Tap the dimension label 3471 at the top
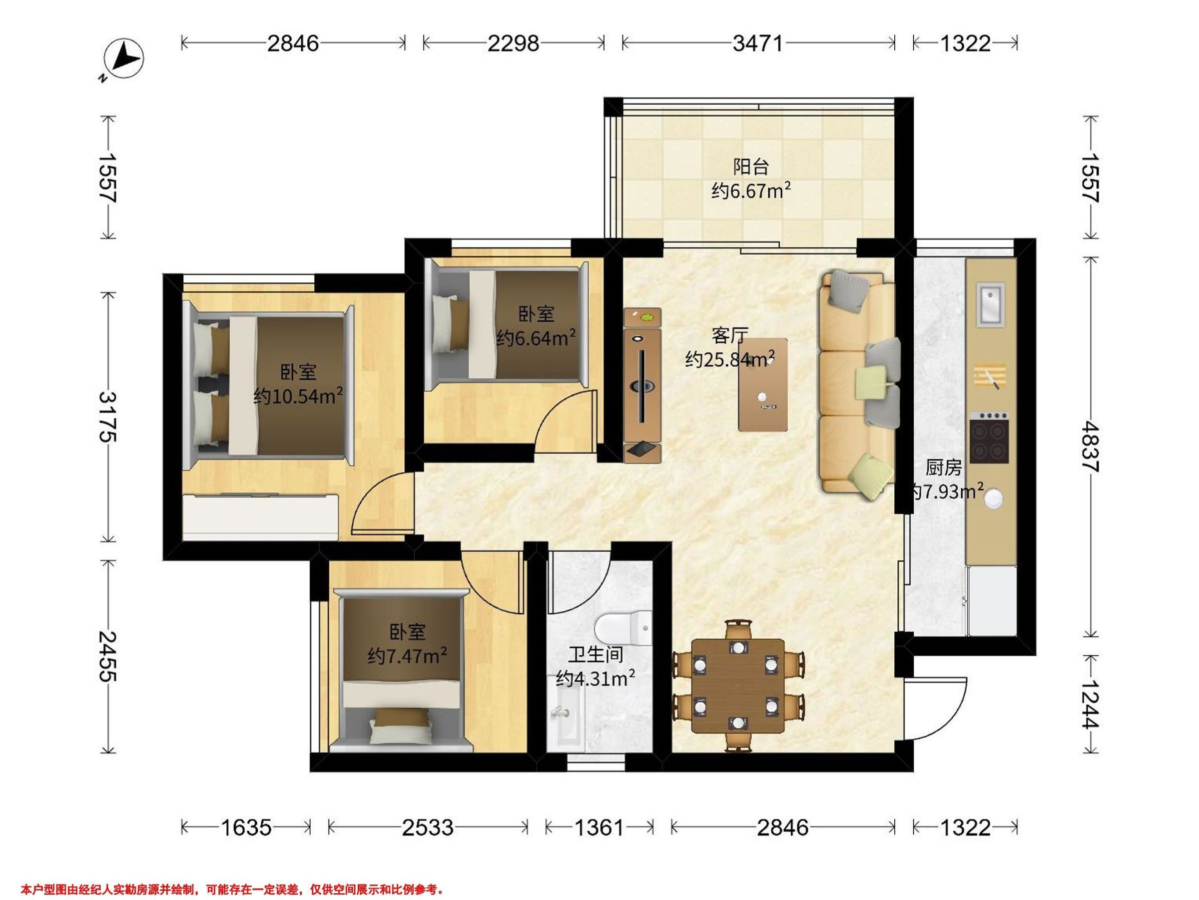[758, 43]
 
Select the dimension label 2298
[513, 43]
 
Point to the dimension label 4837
[1090, 447]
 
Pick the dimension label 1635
[246, 827]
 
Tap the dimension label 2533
[428, 827]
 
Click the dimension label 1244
[1090, 704]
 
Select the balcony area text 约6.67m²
[751, 190]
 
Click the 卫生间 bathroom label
[596, 655]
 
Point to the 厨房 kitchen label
[944, 467]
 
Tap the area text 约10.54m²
[298, 396]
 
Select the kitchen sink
[990, 304]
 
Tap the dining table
[738, 685]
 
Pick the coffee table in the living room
[763, 384]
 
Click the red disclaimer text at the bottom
[232, 889]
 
